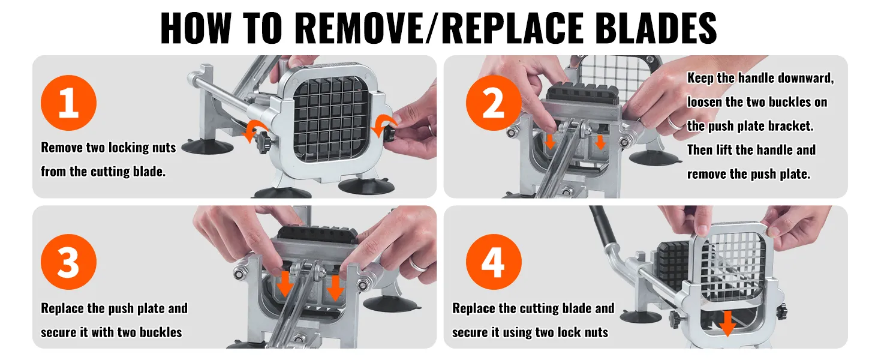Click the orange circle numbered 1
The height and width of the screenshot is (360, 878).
click(x=68, y=103)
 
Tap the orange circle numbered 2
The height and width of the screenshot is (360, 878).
click(x=494, y=103)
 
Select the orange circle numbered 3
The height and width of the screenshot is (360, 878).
click(x=68, y=262)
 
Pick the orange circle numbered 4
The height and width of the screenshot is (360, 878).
click(x=494, y=262)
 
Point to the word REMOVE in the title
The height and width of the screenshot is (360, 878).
click(x=357, y=28)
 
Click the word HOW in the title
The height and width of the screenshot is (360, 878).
click(x=196, y=28)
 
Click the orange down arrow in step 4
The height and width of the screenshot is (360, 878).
click(x=727, y=323)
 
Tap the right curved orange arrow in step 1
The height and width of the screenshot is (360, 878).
click(x=384, y=124)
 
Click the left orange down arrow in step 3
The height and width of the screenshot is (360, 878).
click(x=285, y=284)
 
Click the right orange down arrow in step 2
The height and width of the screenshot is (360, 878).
click(x=600, y=142)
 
